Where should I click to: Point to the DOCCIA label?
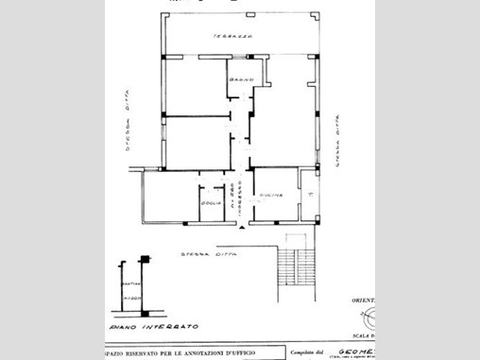(211, 203)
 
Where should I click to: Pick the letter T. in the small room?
(309, 193)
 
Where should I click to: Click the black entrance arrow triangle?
(243, 229)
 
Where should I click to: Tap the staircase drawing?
(295, 266)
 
